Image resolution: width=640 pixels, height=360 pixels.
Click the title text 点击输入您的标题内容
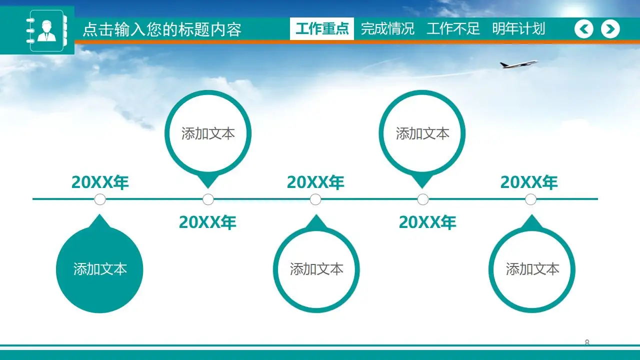pyautogui.click(x=161, y=29)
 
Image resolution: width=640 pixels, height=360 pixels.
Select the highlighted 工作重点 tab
pyautogui.click(x=322, y=29)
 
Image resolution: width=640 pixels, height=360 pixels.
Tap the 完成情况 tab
pyautogui.click(x=387, y=29)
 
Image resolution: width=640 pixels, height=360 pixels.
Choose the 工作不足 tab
pyautogui.click(x=453, y=29)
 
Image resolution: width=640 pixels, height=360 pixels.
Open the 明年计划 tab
pyautogui.click(x=518, y=29)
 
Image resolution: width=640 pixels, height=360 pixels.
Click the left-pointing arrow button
pyautogui.click(x=583, y=29)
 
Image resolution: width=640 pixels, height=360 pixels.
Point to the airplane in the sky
pyautogui.click(x=518, y=64)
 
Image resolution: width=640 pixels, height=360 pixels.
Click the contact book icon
pyautogui.click(x=46, y=30)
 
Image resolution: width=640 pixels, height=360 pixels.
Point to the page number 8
pyautogui.click(x=587, y=342)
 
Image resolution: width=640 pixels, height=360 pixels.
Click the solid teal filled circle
pyautogui.click(x=100, y=269)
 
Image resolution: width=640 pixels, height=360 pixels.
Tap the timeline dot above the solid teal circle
pyautogui.click(x=100, y=199)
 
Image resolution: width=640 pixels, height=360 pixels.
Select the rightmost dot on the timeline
pyautogui.click(x=530, y=199)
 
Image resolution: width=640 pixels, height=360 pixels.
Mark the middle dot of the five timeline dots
pyautogui.click(x=315, y=199)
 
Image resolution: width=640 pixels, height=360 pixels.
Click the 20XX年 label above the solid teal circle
pyautogui.click(x=100, y=182)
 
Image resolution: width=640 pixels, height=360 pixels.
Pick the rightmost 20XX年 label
pyautogui.click(x=529, y=182)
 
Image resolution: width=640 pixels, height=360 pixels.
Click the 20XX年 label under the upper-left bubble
pyautogui.click(x=207, y=222)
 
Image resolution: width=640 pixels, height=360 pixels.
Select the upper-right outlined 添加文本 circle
pyautogui.click(x=422, y=133)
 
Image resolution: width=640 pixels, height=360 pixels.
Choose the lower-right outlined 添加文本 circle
pyautogui.click(x=532, y=269)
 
